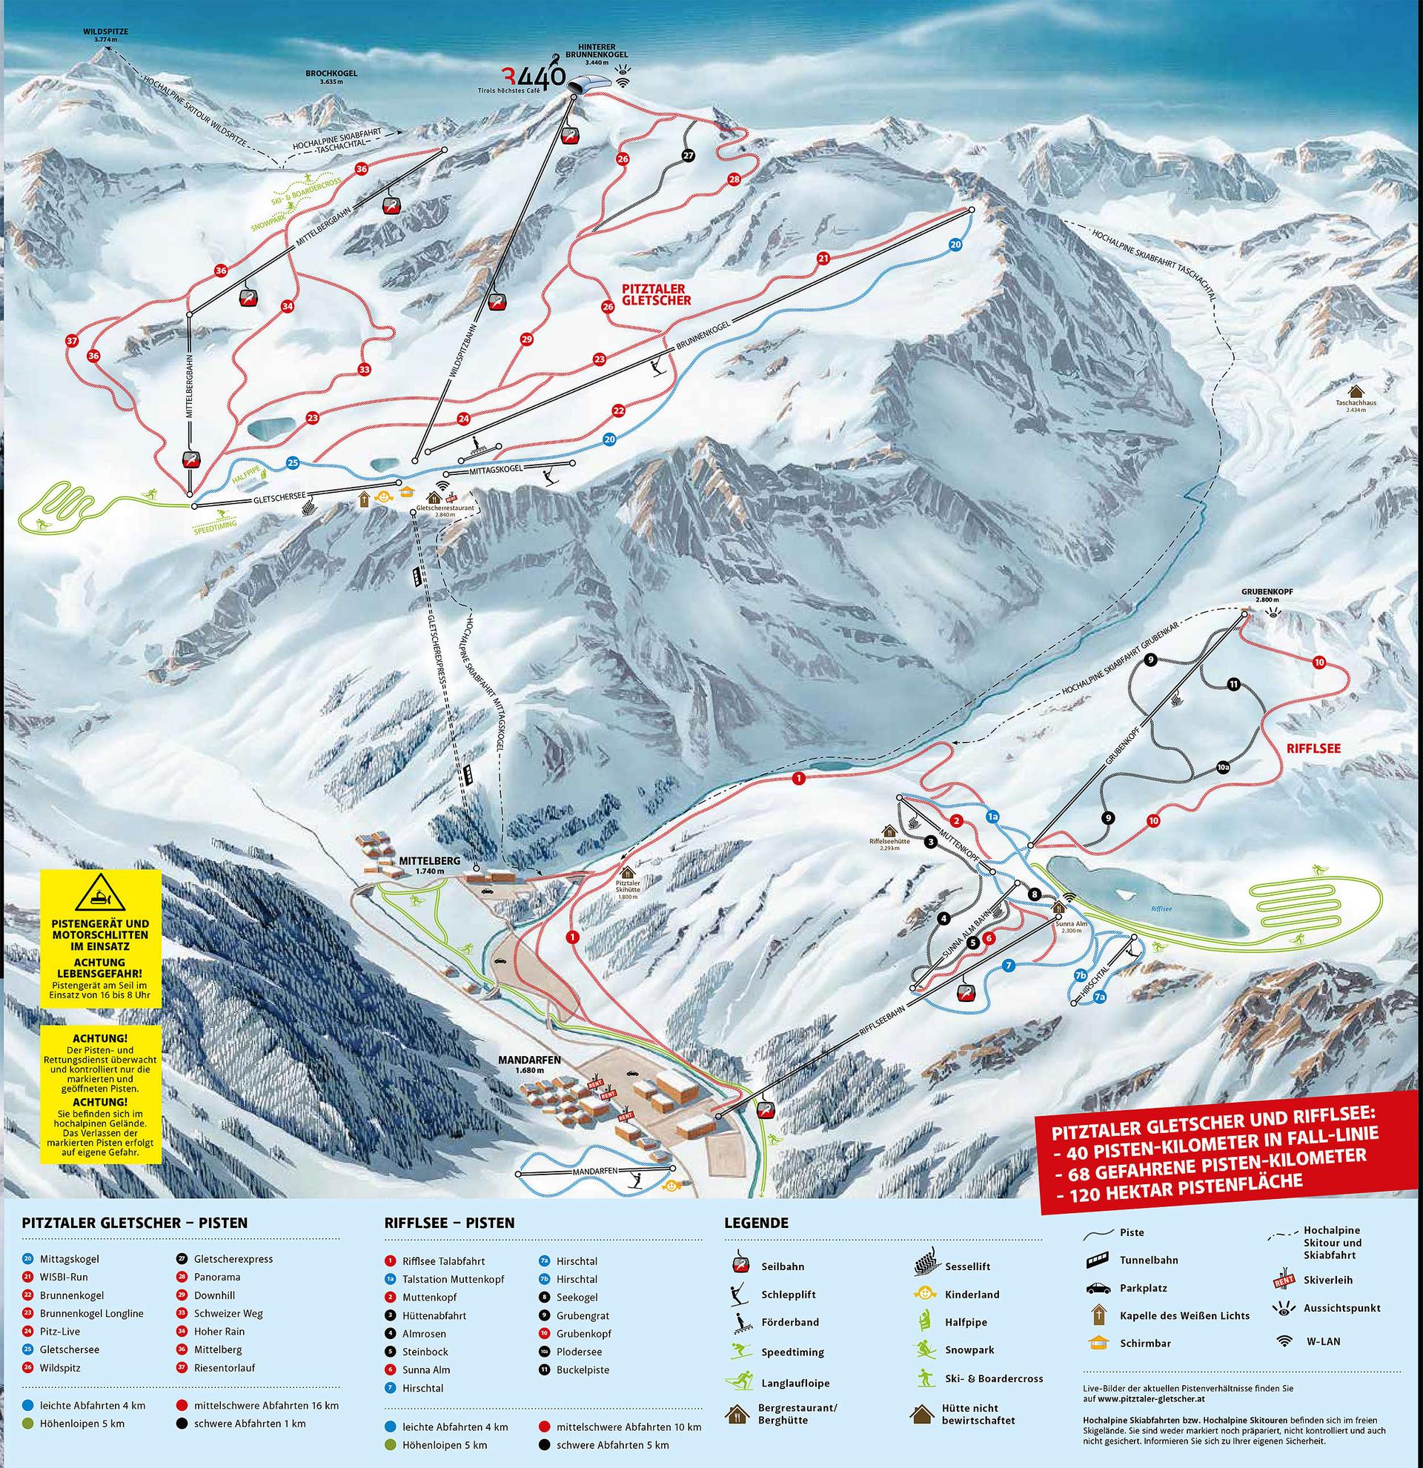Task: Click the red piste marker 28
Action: pyautogui.click(x=734, y=179)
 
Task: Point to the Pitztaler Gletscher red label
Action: pyautogui.click(x=656, y=293)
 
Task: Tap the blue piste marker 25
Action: pyautogui.click(x=293, y=463)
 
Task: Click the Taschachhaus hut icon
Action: pyautogui.click(x=1355, y=392)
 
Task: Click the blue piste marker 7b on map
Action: pyautogui.click(x=1080, y=975)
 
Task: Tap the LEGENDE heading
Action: pyautogui.click(x=756, y=1223)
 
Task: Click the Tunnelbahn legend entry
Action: pyautogui.click(x=1148, y=1281)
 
